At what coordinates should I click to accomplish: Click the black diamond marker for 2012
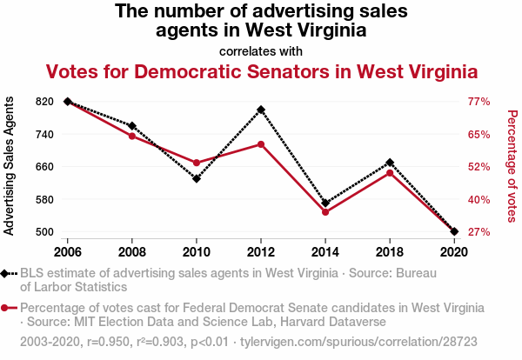261,110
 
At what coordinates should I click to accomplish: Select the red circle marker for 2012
261,144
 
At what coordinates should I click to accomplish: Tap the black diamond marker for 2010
197,179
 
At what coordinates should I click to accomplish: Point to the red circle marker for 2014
325,212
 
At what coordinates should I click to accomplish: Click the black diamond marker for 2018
390,163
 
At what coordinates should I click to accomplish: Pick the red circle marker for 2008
132,136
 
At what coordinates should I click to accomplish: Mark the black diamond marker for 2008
132,126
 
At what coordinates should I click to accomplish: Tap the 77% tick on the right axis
480,102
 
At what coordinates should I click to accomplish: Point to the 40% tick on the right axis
480,199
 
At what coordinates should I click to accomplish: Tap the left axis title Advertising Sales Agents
10,167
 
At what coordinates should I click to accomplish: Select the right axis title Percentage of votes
512,167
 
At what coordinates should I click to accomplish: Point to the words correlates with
261,50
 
